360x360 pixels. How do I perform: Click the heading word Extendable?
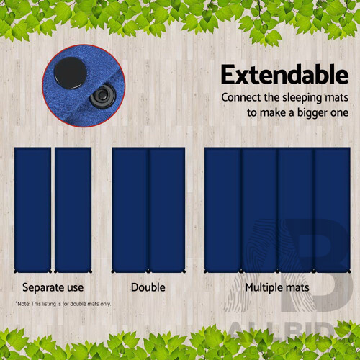(x=284, y=74)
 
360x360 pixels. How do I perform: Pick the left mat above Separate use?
(x=32, y=209)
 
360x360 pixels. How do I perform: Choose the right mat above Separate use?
(x=73, y=209)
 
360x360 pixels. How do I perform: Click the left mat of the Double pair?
(x=130, y=209)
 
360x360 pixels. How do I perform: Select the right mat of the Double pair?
(x=167, y=209)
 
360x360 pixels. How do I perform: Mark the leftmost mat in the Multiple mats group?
(x=222, y=209)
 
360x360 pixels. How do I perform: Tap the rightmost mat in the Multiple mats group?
(x=331, y=209)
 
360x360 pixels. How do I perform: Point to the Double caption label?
(x=148, y=287)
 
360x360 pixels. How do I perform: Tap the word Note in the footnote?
(x=24, y=303)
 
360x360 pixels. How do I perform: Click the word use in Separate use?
(x=75, y=288)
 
